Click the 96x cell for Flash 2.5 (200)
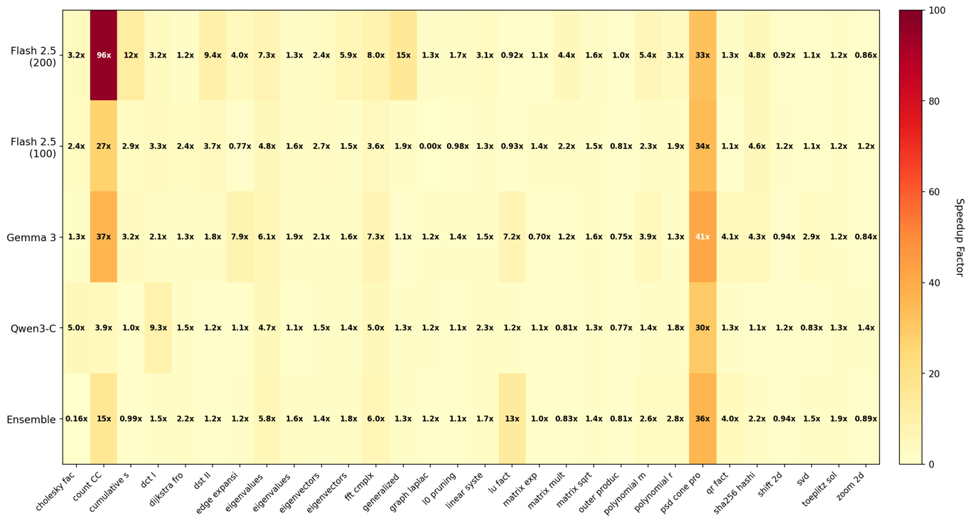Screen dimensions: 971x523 pyautogui.click(x=104, y=55)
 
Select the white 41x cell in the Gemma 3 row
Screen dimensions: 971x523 pyautogui.click(x=702, y=237)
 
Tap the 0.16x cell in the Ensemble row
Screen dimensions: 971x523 pyautogui.click(x=76, y=419)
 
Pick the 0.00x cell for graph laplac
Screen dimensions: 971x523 pyautogui.click(x=430, y=147)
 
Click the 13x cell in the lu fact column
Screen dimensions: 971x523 pyautogui.click(x=512, y=419)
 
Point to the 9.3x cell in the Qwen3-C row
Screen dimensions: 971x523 pyautogui.click(x=158, y=328)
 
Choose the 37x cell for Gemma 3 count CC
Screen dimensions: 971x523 pyautogui.click(x=104, y=237)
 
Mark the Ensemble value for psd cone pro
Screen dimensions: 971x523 pyautogui.click(x=702, y=419)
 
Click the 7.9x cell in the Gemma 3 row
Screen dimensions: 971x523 pyautogui.click(x=240, y=237)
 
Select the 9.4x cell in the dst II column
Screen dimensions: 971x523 pyautogui.click(x=213, y=55)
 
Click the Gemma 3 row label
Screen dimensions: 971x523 pyautogui.click(x=31, y=238)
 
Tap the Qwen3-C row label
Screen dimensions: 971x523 pyautogui.click(x=33, y=328)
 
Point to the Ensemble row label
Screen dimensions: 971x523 pyautogui.click(x=31, y=419)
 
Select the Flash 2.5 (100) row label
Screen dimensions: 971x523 pyautogui.click(x=33, y=147)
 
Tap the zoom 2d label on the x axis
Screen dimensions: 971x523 pyautogui.click(x=851, y=486)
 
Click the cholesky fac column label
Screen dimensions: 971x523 pyautogui.click(x=55, y=491)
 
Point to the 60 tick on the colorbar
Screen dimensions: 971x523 pyautogui.click(x=933, y=192)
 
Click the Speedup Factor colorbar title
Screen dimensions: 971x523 pyautogui.click(x=960, y=238)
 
